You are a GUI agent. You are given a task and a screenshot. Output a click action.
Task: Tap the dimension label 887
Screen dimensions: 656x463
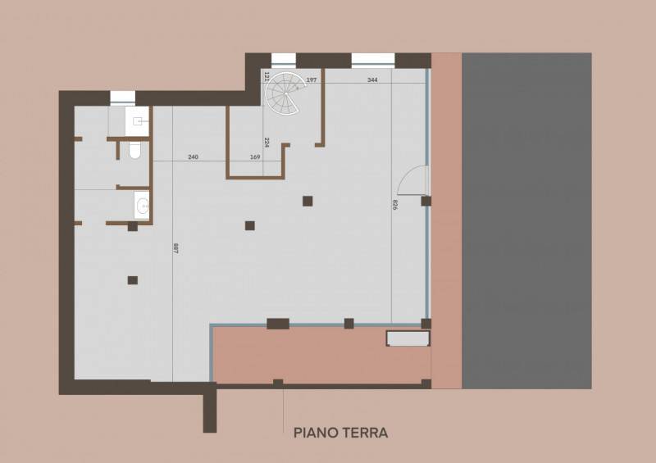(x=175, y=248)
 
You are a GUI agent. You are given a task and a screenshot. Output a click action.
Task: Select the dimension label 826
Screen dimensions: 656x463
(x=395, y=205)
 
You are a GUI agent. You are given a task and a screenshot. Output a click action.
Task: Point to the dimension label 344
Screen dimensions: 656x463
(x=372, y=79)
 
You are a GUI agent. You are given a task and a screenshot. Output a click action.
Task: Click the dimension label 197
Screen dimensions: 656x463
(x=312, y=79)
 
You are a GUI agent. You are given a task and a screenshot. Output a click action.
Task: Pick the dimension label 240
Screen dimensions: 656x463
(x=193, y=157)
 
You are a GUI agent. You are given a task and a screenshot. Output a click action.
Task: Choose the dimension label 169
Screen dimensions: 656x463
(x=255, y=157)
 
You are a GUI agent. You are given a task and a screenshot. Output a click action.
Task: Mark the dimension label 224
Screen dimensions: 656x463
(x=266, y=143)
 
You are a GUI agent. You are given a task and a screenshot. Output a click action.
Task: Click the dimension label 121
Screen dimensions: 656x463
(x=266, y=76)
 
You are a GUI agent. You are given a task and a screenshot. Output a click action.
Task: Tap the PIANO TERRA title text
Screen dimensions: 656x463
(x=340, y=433)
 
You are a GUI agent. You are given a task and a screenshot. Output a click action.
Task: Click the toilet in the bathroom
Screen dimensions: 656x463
(x=134, y=151)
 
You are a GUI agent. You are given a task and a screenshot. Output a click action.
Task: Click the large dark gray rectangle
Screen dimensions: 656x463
(x=526, y=220)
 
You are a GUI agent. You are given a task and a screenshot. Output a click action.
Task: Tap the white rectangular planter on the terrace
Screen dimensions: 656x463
(x=408, y=338)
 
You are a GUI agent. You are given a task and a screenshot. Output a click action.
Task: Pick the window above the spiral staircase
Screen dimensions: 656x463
(x=284, y=60)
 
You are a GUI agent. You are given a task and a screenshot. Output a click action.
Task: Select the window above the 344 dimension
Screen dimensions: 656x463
(x=373, y=60)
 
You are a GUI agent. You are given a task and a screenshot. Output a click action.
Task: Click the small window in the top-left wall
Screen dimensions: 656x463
(x=122, y=98)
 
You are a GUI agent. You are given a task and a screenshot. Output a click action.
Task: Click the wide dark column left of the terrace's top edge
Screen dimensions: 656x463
(x=278, y=324)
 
